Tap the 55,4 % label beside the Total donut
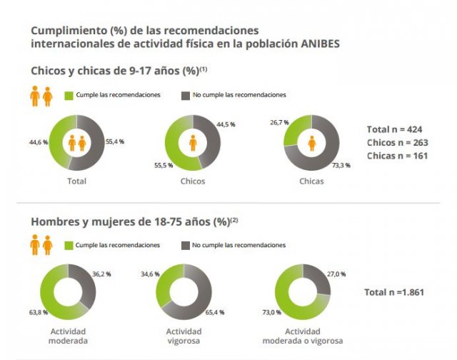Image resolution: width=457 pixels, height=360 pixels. coord(114,142)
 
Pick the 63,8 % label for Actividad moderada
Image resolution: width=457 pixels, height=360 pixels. coord(39,311)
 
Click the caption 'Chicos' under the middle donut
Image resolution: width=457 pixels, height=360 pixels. coord(193,181)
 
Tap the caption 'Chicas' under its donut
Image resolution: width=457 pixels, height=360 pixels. coord(311,181)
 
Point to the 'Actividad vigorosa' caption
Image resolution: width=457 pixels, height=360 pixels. coord(184,336)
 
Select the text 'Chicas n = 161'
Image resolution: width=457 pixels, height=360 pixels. coord(397,155)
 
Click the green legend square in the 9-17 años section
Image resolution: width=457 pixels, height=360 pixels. coord(69,95)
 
